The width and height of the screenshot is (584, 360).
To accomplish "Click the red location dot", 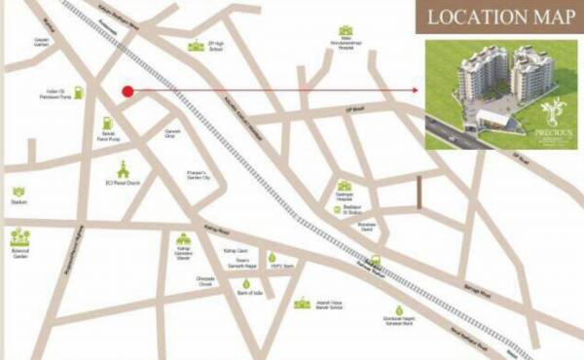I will [128, 91].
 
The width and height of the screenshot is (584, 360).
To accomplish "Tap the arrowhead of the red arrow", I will [415, 91].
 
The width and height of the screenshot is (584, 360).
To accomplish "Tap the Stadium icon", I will [18, 193].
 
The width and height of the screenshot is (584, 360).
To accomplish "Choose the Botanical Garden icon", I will [18, 236].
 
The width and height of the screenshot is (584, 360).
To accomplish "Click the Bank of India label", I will [251, 292].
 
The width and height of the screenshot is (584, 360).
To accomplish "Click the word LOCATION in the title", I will [464, 18].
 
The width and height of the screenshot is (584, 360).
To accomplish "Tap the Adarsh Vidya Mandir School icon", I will [303, 303].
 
